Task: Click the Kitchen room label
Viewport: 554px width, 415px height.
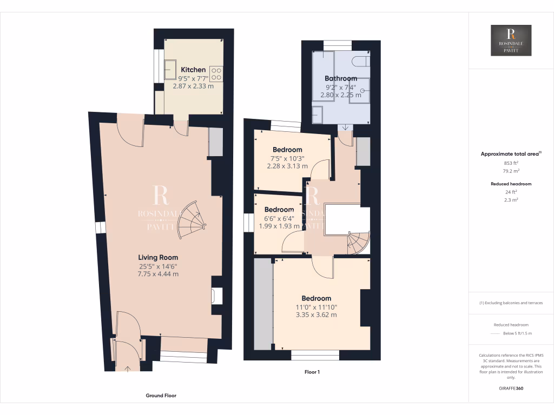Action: coord(193,70)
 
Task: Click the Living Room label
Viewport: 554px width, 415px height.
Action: coord(158,257)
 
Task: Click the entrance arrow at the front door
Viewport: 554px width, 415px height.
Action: coord(128,369)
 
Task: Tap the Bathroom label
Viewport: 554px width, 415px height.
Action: coord(341,78)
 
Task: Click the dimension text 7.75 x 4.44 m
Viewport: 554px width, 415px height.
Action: coord(158,274)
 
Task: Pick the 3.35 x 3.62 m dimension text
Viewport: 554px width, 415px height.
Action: coord(316,314)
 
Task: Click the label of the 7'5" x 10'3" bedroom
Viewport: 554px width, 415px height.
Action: coord(287,150)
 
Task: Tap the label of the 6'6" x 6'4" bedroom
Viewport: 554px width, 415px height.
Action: coord(279,210)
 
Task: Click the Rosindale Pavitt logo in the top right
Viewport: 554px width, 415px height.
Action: coord(511,40)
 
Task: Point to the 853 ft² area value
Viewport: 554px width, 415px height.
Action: coord(511,163)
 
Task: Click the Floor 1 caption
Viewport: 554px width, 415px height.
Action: coord(312,372)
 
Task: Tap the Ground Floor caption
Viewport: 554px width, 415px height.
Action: coord(161,396)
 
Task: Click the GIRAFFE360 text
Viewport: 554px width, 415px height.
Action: coord(511,388)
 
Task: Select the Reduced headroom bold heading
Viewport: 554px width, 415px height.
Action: coord(511,184)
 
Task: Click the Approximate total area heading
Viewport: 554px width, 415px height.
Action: coord(510,154)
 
